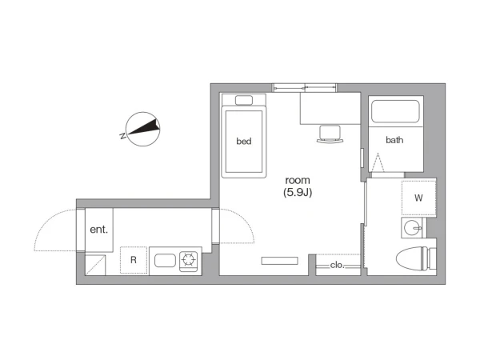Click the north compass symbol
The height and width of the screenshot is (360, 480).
click(143, 129)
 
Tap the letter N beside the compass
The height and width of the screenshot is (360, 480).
click(122, 136)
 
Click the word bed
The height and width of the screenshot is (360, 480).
click(244, 141)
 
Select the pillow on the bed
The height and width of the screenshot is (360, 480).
click(244, 101)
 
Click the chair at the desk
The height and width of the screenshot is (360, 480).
click(330, 134)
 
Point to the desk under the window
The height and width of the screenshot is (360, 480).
click(330, 108)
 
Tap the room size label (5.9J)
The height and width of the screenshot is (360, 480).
click(298, 193)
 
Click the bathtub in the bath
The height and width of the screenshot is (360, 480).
click(395, 111)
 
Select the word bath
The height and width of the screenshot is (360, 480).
click(394, 140)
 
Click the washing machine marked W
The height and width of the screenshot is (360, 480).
click(418, 198)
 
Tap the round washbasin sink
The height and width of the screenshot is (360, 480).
click(412, 228)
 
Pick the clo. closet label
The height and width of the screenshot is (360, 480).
click(338, 265)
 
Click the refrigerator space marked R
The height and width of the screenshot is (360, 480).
click(134, 260)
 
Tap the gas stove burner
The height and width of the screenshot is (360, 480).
click(189, 260)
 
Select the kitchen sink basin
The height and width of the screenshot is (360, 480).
click(166, 261)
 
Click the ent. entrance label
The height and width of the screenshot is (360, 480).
click(99, 230)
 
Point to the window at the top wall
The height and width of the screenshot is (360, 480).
click(304, 88)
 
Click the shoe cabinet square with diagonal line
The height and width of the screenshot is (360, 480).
click(95, 265)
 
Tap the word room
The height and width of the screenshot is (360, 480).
click(298, 180)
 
